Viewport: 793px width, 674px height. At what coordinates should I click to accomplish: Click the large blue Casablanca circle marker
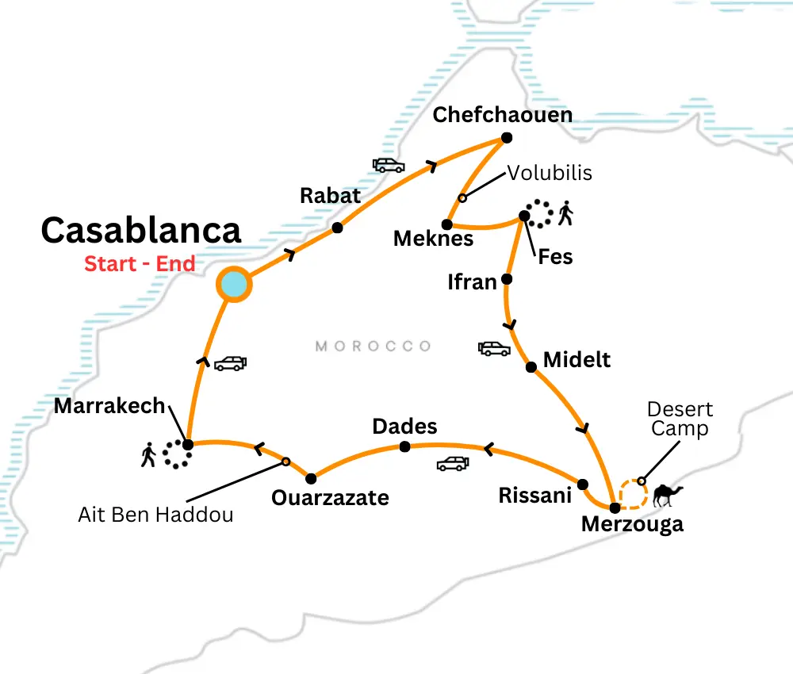[234, 285]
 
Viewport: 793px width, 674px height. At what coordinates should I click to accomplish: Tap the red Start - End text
[140, 263]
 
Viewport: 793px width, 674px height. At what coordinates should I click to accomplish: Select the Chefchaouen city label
[502, 115]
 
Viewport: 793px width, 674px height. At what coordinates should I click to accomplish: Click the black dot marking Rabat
[337, 228]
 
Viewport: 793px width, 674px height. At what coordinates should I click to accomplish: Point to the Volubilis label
[550, 173]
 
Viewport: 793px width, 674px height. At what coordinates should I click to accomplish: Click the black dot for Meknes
[447, 224]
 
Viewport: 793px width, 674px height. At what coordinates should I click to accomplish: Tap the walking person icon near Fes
[565, 213]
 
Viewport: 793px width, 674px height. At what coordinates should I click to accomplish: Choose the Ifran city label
[472, 281]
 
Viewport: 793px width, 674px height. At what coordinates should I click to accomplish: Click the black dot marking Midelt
[531, 366]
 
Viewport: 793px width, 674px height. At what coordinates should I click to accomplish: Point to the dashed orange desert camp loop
[632, 493]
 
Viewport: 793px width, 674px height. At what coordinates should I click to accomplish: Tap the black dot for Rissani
[582, 484]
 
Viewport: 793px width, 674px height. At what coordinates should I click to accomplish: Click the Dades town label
[404, 427]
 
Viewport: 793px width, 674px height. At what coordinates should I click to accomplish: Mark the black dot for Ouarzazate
[311, 478]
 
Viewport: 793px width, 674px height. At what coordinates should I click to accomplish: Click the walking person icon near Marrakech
[148, 455]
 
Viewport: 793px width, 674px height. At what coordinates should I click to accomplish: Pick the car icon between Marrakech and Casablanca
[230, 363]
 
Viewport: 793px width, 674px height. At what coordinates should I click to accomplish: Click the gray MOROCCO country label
[373, 346]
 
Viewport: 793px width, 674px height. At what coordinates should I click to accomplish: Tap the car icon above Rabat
[389, 165]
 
